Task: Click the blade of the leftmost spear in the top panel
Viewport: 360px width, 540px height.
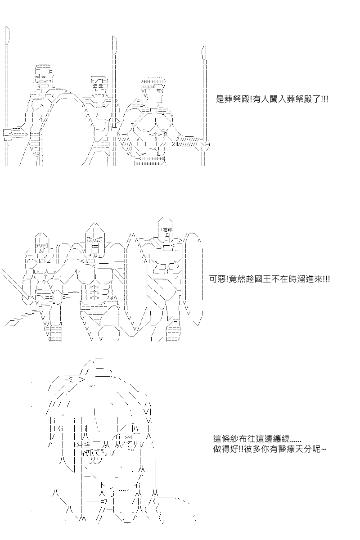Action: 8,35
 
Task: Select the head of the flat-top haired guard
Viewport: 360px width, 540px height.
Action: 153,87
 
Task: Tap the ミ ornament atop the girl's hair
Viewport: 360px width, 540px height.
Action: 68,380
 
